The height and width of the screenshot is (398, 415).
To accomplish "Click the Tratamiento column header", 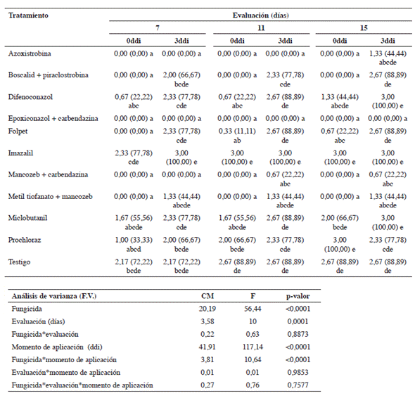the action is coord(28,15).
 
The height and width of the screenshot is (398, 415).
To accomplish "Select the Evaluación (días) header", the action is coord(261,15).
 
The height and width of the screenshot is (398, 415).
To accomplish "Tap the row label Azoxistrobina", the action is coord(30,53).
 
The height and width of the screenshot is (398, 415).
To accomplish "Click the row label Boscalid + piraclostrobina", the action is coord(48,75).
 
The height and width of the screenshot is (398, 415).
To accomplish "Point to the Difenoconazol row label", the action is coord(30,97).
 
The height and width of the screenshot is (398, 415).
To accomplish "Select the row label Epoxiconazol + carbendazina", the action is coord(53,118).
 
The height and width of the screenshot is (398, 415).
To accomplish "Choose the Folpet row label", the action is coord(18,131).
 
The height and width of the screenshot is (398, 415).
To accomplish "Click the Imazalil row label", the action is coord(20,153).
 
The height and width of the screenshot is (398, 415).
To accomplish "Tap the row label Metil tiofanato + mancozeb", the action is coord(50,196).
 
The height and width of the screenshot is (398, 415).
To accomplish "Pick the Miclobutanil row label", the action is coord(28,218).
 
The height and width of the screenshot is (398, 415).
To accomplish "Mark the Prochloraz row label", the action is coord(25,240).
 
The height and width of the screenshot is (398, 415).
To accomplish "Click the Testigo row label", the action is coord(19,262).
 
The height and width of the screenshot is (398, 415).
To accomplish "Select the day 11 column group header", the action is coord(261,28).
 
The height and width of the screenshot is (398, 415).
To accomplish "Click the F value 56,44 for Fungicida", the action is coord(253,309).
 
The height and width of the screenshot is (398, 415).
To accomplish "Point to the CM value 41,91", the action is coord(207,347).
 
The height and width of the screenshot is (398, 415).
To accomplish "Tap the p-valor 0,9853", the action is coord(298,372).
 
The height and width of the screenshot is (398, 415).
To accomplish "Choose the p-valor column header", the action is coord(298,296).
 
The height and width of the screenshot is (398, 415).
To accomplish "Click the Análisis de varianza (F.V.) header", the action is coord(54,296).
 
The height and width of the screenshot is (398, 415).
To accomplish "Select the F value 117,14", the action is coord(253,347).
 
